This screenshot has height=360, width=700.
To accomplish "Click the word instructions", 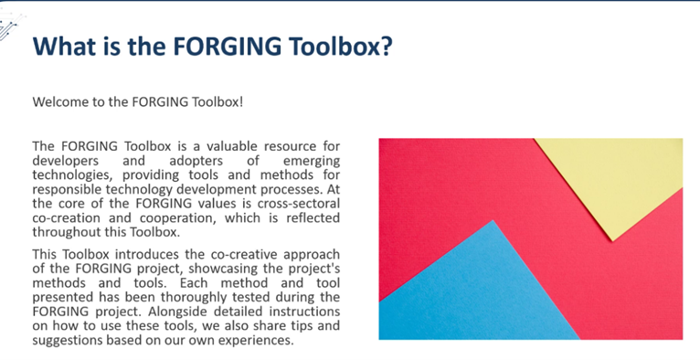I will [x=302, y=312].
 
